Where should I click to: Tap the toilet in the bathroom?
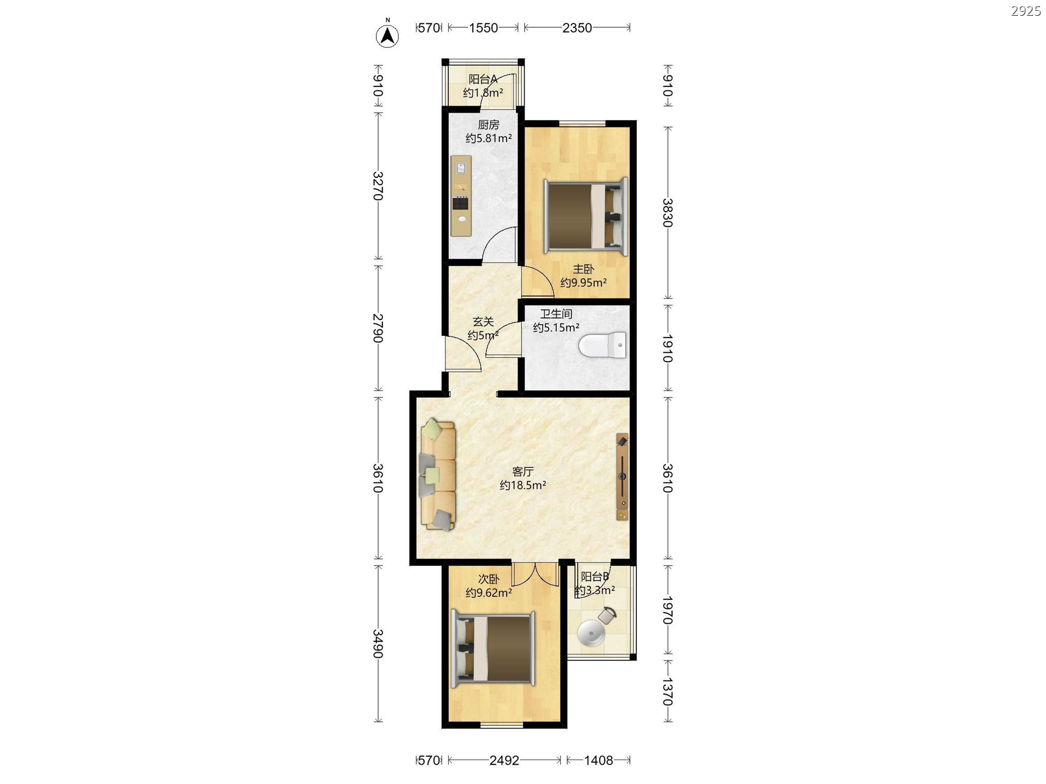(603, 345)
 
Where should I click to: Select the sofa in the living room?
(437, 474)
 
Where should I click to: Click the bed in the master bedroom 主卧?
(586, 216)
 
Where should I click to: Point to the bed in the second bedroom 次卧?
(493, 649)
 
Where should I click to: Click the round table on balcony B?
(591, 633)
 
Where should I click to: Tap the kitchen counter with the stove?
(461, 196)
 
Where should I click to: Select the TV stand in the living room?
(622, 477)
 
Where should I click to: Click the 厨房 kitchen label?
(489, 125)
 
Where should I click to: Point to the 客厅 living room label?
(523, 471)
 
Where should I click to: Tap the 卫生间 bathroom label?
(556, 314)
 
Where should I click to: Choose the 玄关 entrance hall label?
(483, 322)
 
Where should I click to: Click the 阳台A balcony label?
(483, 79)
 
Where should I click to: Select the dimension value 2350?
(577, 28)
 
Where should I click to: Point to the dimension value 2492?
(504, 760)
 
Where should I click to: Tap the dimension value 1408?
(599, 760)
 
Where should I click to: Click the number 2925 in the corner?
(1026, 11)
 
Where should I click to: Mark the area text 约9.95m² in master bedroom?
(583, 283)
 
